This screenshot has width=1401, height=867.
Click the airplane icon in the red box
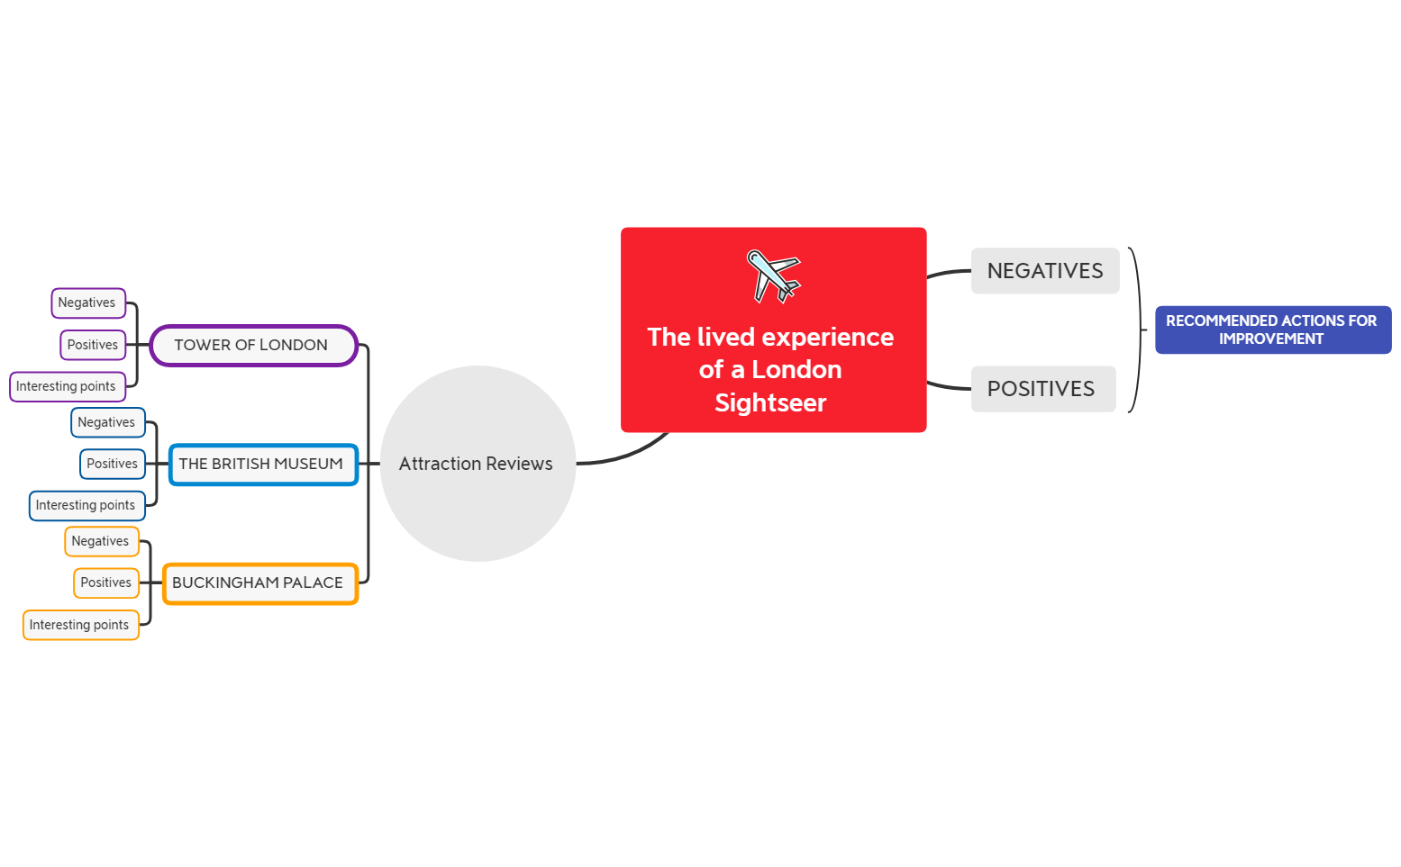773,275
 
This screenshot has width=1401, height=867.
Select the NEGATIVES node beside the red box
1044,271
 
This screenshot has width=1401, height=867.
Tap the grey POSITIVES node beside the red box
1042,389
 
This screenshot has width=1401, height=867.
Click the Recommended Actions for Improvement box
1272,330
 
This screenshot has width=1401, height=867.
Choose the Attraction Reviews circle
478,464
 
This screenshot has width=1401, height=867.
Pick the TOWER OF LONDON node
253,346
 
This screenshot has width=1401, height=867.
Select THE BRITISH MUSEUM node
262,465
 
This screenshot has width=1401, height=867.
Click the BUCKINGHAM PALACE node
259,583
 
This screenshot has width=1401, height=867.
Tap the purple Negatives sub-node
87,303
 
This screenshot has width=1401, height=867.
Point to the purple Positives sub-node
93,345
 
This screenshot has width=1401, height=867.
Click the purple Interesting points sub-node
67,387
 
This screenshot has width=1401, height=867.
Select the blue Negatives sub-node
107,422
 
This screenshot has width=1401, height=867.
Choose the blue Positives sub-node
113,464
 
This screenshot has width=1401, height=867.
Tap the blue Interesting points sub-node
86,506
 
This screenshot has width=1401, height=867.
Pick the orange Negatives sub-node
101,541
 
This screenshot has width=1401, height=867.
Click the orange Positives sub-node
106,583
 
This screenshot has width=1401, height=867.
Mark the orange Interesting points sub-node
80,625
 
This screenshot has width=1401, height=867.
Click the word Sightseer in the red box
770,403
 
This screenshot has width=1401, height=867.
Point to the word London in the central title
796,370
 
